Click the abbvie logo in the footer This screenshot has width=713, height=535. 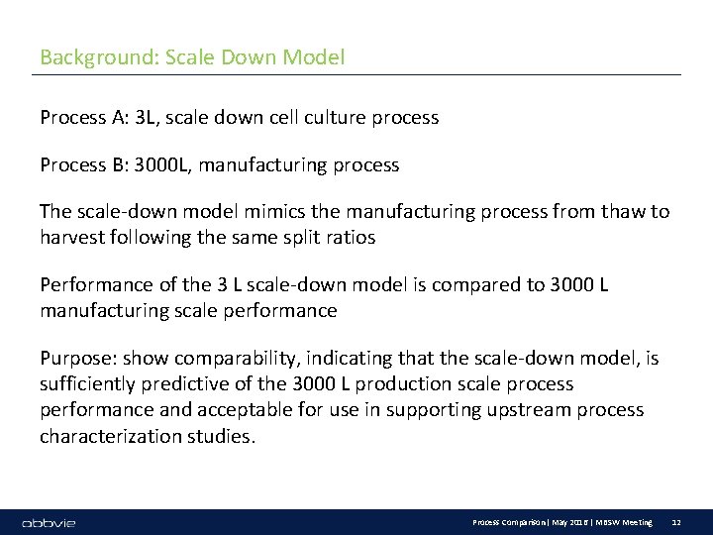pyautogui.click(x=49, y=522)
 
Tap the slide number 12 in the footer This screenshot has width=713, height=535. pyautogui.click(x=676, y=522)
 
